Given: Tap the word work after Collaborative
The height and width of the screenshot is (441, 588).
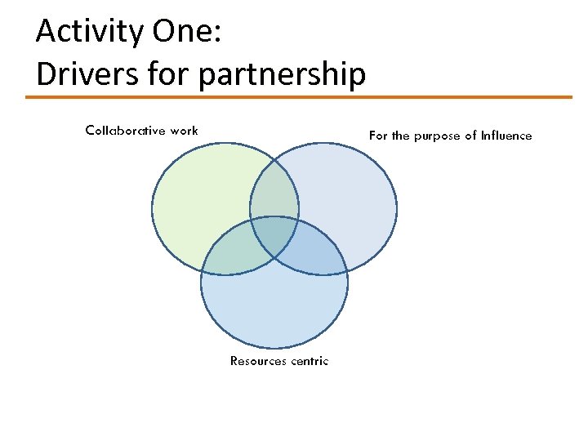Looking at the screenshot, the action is tap(184, 131).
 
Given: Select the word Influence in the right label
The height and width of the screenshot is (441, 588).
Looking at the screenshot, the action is tap(506, 136).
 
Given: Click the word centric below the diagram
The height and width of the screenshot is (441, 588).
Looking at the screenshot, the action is tap(310, 360).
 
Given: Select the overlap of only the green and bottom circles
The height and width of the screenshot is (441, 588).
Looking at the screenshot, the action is tap(233, 254).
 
